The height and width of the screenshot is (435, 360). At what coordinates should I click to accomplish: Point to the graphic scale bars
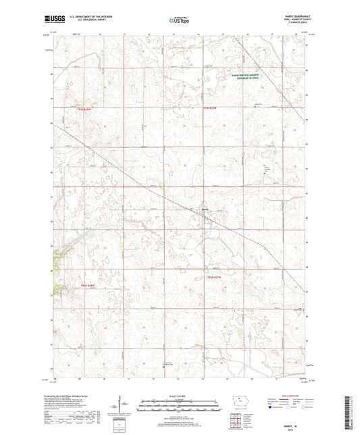click(x=179, y=407)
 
